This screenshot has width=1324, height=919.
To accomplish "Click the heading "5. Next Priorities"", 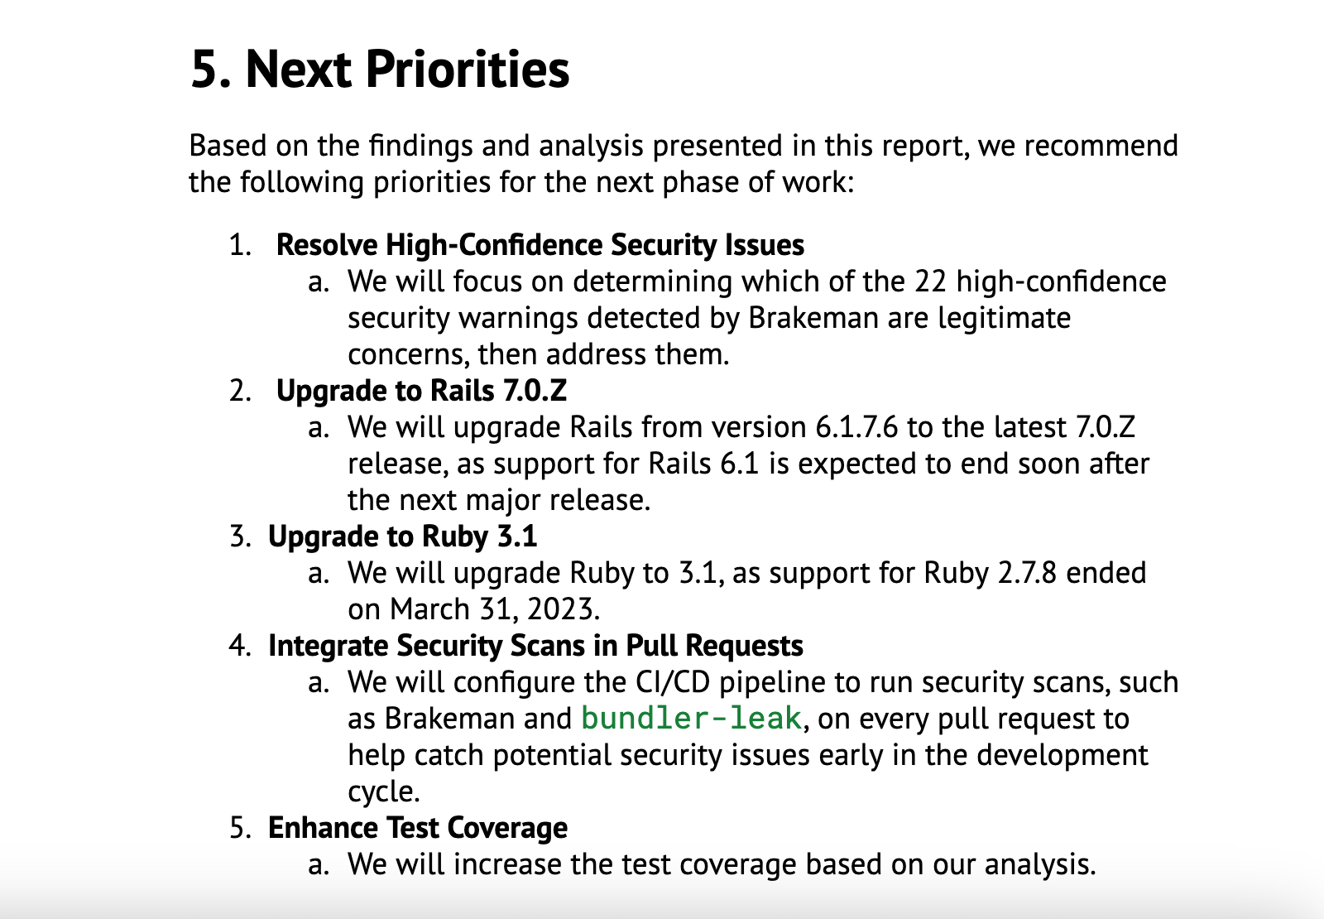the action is coord(380,70).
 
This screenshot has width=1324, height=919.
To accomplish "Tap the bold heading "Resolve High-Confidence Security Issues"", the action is coord(540,244).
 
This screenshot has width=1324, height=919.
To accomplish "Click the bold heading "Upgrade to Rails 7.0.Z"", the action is coord(421,390).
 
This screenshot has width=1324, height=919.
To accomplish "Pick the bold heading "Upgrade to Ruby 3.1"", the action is coord(402,536).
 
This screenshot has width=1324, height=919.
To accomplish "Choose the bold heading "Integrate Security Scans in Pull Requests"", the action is coord(535,645).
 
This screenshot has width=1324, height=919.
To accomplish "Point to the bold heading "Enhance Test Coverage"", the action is coord(418,827).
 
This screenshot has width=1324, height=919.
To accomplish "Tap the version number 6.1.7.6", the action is coord(857,427).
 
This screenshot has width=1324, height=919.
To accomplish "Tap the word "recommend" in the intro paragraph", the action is coord(1101,146).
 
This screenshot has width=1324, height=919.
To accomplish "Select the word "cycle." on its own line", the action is coord(384,792).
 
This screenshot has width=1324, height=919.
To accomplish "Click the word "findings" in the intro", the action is coord(421,146).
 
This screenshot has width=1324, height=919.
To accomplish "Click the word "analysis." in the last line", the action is coord(1040,865).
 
